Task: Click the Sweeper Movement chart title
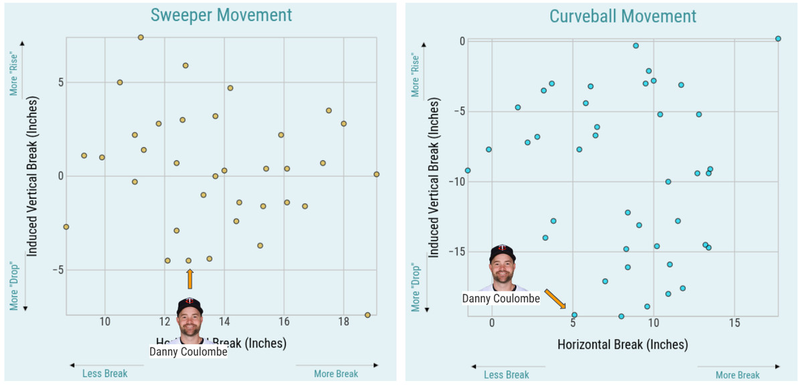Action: click(221, 15)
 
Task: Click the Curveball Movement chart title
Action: click(622, 16)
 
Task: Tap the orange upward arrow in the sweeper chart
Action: click(190, 279)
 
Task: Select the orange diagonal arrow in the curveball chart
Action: click(555, 299)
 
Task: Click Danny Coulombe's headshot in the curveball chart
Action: click(502, 267)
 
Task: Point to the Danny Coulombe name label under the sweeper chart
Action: click(188, 352)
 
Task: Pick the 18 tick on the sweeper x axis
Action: click(344, 322)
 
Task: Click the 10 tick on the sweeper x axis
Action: click(104, 322)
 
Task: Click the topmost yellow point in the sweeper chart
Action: click(141, 37)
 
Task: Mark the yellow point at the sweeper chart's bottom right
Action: click(367, 315)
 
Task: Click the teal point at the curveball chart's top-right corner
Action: click(778, 39)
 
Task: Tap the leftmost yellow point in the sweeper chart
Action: click(66, 227)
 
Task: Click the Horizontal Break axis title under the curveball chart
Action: click(622, 345)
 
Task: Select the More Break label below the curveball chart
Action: click(737, 375)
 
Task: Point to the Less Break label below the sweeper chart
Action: click(105, 374)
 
